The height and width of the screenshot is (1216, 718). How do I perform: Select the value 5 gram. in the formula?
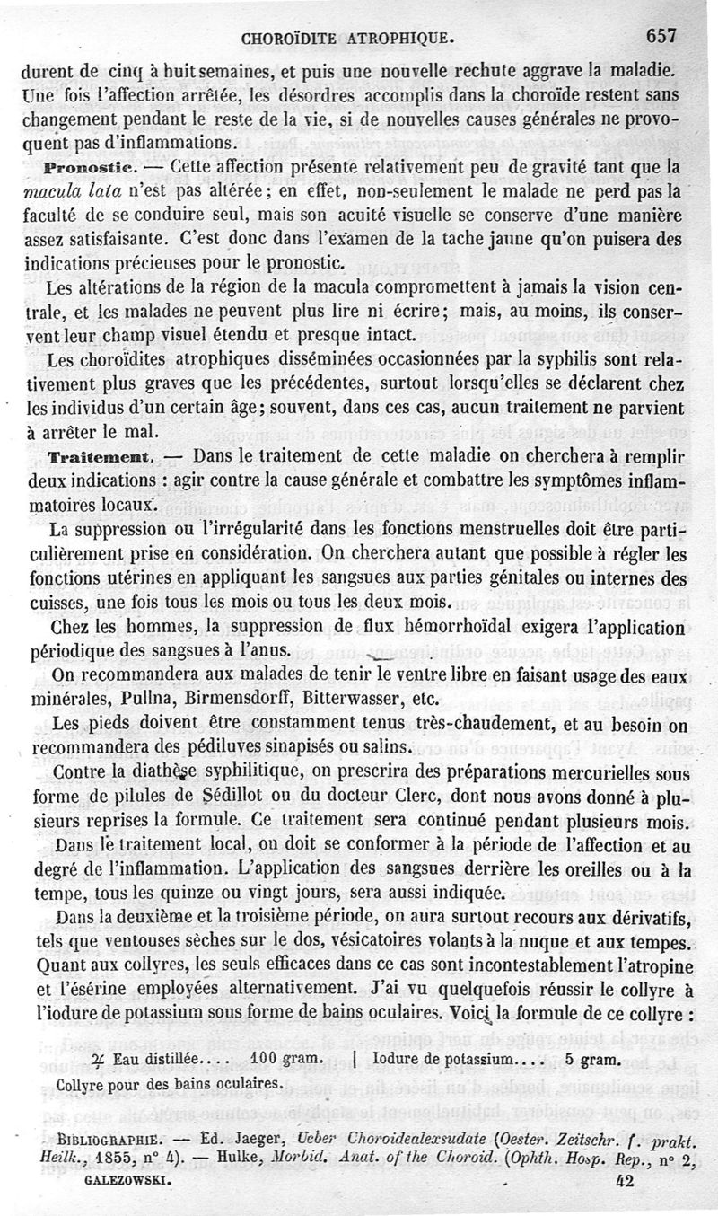(x=591, y=1059)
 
